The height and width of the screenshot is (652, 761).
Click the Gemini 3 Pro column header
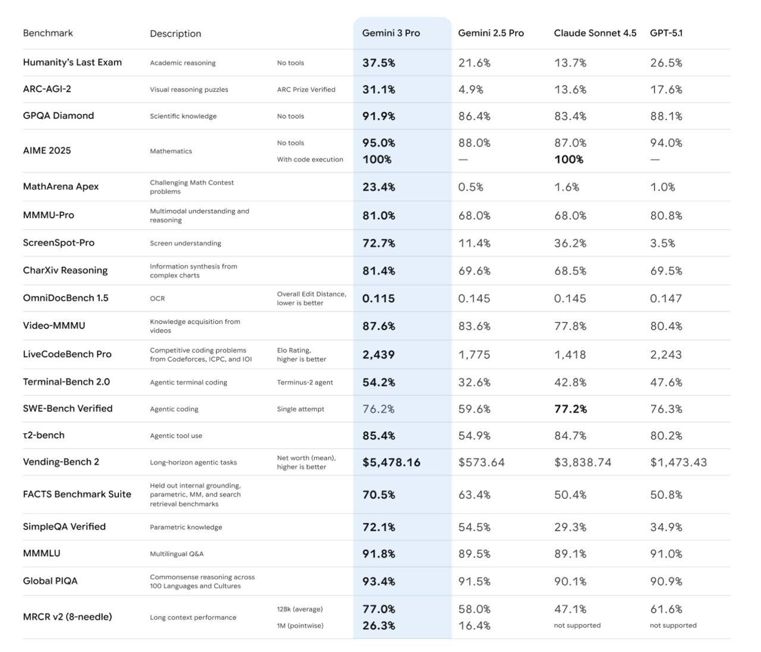pyautogui.click(x=391, y=33)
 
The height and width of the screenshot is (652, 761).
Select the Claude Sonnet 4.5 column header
pyautogui.click(x=595, y=33)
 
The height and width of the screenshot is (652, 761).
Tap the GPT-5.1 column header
pyautogui.click(x=666, y=33)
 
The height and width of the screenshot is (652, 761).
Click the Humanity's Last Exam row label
pyautogui.click(x=72, y=62)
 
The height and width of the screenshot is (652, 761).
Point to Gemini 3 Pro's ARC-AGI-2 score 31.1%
pyautogui.click(x=379, y=90)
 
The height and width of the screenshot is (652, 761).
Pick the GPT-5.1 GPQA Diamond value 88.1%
pyautogui.click(x=666, y=116)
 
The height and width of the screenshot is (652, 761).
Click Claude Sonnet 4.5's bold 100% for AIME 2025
pyautogui.click(x=568, y=159)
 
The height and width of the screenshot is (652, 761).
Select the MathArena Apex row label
pyautogui.click(x=61, y=187)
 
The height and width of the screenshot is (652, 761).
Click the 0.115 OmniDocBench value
pyautogui.click(x=378, y=298)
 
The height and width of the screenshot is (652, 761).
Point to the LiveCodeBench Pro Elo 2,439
pyautogui.click(x=378, y=355)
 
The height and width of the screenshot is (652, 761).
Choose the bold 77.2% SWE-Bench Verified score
pyautogui.click(x=570, y=409)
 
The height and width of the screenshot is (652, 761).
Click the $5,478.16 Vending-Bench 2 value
pyautogui.click(x=391, y=462)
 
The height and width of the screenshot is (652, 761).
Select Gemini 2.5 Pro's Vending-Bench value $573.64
pyautogui.click(x=481, y=462)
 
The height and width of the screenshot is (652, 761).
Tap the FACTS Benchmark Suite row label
pyautogui.click(x=77, y=494)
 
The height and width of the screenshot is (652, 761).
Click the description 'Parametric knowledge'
pyautogui.click(x=185, y=527)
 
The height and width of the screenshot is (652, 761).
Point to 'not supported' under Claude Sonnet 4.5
pyautogui.click(x=577, y=625)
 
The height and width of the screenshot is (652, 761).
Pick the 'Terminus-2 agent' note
pyautogui.click(x=304, y=383)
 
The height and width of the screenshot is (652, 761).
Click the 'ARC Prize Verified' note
pyautogui.click(x=306, y=90)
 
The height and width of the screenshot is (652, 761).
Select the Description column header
pyautogui.click(x=175, y=34)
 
